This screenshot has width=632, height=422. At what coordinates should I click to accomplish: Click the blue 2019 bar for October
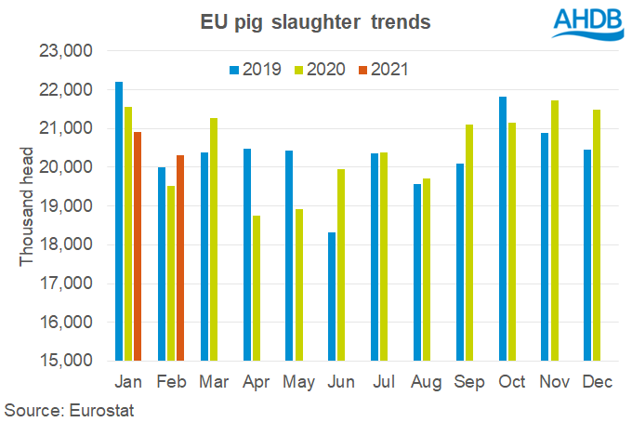(x=503, y=229)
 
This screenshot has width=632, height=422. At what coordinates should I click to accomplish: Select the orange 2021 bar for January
(x=138, y=246)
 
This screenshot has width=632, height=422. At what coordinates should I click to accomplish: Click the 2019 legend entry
(x=257, y=69)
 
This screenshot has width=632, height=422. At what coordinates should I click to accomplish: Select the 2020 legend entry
(x=318, y=69)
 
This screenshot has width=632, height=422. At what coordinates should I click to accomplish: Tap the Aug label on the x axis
(x=422, y=382)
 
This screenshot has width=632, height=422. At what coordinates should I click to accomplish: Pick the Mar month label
(x=207, y=382)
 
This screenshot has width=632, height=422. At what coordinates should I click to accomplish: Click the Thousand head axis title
(x=26, y=206)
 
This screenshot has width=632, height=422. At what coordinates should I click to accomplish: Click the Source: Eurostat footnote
(x=71, y=408)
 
